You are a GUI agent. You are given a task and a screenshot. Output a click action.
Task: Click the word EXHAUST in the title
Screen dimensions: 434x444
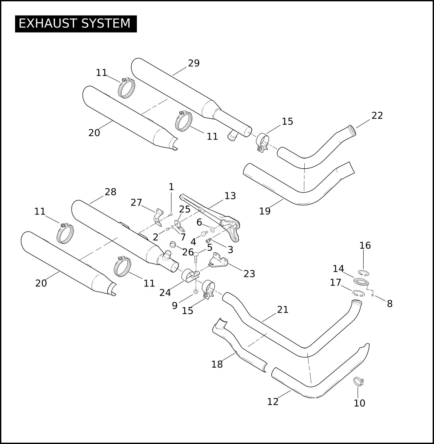click(48, 23)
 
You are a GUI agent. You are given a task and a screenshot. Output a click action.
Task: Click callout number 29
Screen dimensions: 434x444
click(194, 63)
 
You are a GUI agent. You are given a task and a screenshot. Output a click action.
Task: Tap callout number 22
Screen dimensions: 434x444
click(377, 115)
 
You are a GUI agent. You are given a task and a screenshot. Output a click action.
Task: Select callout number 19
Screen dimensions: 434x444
click(265, 211)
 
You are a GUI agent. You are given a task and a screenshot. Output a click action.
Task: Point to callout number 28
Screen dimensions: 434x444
click(111, 192)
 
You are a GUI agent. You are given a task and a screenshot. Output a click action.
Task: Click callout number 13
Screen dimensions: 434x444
click(230, 196)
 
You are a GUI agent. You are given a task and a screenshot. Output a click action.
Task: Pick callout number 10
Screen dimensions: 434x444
click(360, 403)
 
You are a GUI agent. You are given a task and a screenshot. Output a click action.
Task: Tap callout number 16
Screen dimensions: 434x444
click(365, 245)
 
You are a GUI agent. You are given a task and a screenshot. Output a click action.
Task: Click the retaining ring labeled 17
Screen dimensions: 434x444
click(358, 293)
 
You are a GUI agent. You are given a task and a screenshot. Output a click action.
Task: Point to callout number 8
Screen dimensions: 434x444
click(390, 304)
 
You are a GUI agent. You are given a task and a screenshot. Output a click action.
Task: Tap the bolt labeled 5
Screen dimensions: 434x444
click(196, 258)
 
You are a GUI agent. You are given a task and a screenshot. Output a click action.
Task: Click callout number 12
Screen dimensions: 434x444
click(273, 402)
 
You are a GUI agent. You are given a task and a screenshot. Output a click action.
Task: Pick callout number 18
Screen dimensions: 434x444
click(217, 364)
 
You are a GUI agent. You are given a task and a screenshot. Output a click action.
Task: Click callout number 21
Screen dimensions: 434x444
click(282, 310)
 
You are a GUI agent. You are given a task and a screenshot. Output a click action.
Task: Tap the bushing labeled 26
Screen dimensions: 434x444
click(173, 244)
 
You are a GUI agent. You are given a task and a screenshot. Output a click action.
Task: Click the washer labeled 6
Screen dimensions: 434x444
click(212, 229)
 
